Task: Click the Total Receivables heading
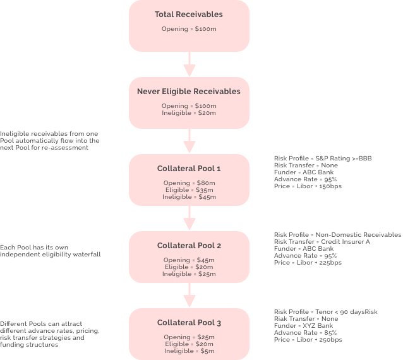[189, 15]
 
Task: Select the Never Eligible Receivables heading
[189, 92]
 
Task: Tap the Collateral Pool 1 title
[189, 169]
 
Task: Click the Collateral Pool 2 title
[189, 246]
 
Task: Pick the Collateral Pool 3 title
[189, 323]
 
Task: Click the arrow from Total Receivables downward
[189, 64]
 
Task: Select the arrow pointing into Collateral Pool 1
[189, 141]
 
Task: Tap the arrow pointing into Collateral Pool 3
[189, 295]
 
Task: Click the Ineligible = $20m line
[189, 113]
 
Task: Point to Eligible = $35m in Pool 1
[189, 190]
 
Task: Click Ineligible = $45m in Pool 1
[189, 197]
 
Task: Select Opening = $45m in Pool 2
[189, 260]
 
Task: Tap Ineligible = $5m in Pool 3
[189, 351]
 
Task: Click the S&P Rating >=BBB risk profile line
[323, 159]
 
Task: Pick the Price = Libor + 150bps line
[308, 186]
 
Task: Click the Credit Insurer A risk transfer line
[322, 242]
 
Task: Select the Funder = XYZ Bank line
[304, 326]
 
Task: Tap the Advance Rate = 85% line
[305, 333]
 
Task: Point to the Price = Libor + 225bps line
[308, 263]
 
